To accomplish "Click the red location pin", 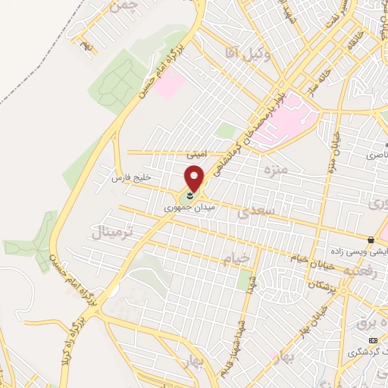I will tap(196, 177).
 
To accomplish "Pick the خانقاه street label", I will tap(352, 45).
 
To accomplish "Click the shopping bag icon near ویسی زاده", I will tap(370, 239).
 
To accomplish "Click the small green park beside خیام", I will tap(244, 280).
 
